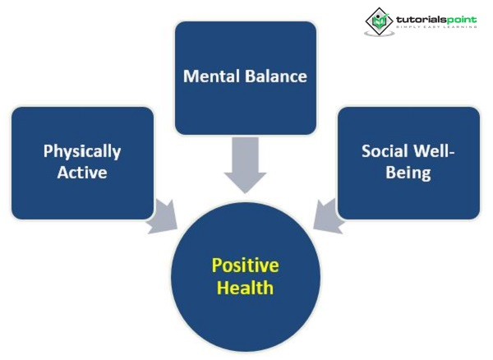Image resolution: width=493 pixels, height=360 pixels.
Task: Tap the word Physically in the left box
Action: (x=82, y=151)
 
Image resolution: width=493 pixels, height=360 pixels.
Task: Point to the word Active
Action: (x=82, y=173)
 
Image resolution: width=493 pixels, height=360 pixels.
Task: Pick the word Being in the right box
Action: (x=408, y=173)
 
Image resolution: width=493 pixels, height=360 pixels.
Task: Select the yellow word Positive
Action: (x=245, y=265)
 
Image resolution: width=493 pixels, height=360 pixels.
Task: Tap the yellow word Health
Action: (x=245, y=288)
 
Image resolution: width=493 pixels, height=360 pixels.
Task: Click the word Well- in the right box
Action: (x=436, y=151)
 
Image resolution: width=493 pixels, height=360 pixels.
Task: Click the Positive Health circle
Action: (x=245, y=312)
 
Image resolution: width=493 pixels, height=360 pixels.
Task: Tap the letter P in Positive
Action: (x=217, y=265)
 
